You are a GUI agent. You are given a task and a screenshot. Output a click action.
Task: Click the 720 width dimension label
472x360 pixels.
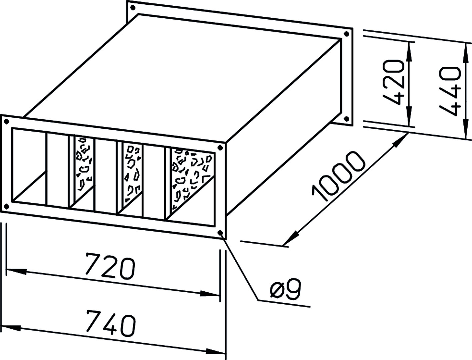(x=110, y=266)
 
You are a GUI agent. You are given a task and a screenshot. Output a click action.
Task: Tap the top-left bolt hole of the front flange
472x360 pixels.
(x=7, y=122)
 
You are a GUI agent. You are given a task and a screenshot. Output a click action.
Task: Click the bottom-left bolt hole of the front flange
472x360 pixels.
(x=7, y=207)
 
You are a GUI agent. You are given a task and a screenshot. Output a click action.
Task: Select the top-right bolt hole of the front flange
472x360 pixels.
(x=220, y=148)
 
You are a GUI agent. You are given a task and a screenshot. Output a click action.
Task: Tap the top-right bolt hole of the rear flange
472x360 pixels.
(x=346, y=34)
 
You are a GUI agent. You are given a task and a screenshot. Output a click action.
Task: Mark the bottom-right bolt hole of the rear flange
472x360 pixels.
(x=346, y=119)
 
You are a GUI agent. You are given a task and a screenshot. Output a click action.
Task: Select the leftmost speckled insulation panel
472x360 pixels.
(x=84, y=163)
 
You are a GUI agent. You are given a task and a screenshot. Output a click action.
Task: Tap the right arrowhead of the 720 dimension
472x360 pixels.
(x=209, y=294)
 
